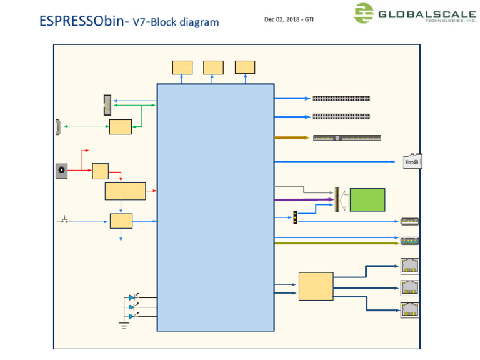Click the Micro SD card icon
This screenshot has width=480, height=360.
pyautogui.click(x=411, y=161)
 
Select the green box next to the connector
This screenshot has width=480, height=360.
pyautogui.click(x=367, y=199)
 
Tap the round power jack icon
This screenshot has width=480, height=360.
pyautogui.click(x=62, y=170)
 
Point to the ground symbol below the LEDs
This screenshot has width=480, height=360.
pyautogui.click(x=123, y=324)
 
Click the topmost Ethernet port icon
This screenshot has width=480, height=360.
pyautogui.click(x=409, y=266)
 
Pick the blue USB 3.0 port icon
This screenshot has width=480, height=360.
pyautogui.click(x=409, y=240)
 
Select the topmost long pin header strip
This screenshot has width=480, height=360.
pyautogui.click(x=341, y=99)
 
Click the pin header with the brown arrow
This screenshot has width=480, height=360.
pyautogui.click(x=347, y=137)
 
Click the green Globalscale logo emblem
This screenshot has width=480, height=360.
pyautogui.click(x=364, y=13)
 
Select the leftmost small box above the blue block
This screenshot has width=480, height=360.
pyautogui.click(x=182, y=67)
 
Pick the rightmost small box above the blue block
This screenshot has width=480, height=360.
pyautogui.click(x=245, y=67)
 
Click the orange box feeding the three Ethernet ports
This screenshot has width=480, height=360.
pyautogui.click(x=316, y=286)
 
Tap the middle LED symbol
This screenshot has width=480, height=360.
pyautogui.click(x=132, y=307)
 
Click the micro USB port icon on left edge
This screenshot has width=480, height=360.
pyautogui.click(x=58, y=126)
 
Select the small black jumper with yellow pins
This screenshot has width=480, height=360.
pyautogui.click(x=294, y=217)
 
